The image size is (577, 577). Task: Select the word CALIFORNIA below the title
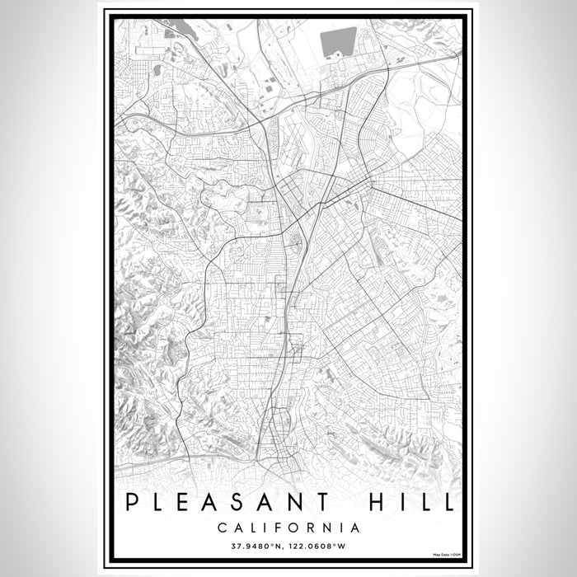pyautogui.click(x=288, y=528)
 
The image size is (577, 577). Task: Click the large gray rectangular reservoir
pyautogui.click(x=339, y=41)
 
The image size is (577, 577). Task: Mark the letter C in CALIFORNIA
pyautogui.click(x=222, y=528)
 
